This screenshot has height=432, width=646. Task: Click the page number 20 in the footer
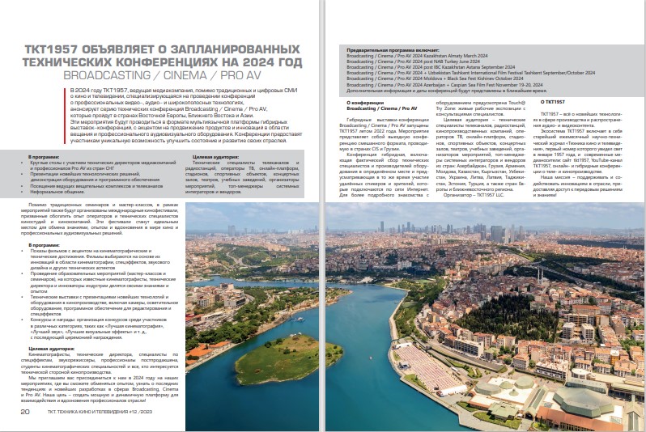(25, 411)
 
